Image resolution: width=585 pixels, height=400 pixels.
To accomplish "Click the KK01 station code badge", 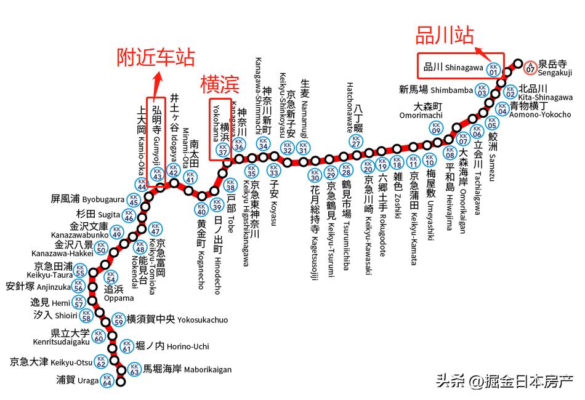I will pos(493,68).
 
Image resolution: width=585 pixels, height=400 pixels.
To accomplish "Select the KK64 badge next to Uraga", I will pos(108,380).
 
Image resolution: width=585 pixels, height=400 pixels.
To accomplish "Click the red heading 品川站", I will pos(445,35).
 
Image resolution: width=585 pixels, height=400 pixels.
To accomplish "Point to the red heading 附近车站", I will pos(156,57).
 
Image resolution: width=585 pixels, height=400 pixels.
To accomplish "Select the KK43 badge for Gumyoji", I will pos(157,175).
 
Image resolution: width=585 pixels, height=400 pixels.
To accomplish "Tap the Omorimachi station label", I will pos(421,110).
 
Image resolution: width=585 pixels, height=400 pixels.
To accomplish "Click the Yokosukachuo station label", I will pos(177,319).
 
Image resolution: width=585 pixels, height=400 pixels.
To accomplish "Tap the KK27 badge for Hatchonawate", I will pos(356,142).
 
